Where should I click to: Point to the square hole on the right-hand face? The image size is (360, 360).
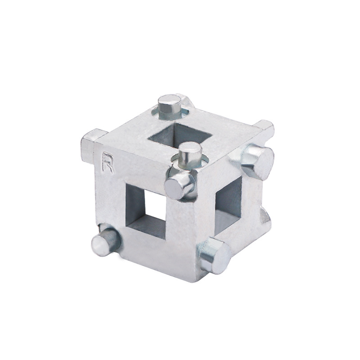coord(229,206)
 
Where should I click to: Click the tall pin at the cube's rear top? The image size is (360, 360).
coord(171,106)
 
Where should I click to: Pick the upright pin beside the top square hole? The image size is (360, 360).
coord(189,155)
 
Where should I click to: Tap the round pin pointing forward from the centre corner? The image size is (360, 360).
coord(179,185)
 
